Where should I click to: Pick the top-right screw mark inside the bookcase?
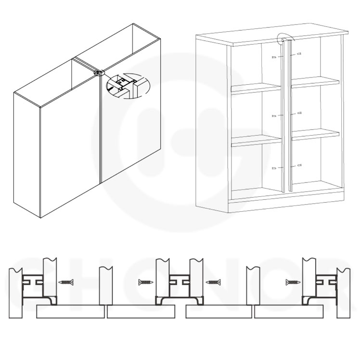pos(298,54)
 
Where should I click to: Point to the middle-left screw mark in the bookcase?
pos(275,116)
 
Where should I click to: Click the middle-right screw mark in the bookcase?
pos(299,113)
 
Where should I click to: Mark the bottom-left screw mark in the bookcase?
pos(275,168)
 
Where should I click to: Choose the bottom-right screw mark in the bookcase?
pos(299,165)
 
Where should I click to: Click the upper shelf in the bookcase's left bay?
pos(256,88)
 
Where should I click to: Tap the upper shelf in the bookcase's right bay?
pos(315,82)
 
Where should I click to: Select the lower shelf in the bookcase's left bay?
pos(256,141)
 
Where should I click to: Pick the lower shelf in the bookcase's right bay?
pos(315,134)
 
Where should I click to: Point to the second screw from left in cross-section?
pos(145,281)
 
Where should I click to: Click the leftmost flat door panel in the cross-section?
pos(70,313)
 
